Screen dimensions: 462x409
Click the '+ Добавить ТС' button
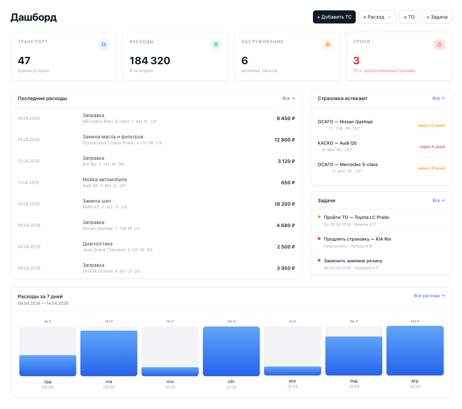[334, 17]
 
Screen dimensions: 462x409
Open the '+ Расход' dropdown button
[377, 17]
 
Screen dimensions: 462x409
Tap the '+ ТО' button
[409, 17]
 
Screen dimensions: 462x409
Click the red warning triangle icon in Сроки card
[439, 45]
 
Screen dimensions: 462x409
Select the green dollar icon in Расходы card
[216, 45]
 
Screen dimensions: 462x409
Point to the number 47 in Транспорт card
[24, 60]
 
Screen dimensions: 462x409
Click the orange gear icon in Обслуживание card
[327, 45]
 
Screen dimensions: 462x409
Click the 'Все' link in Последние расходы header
[288, 98]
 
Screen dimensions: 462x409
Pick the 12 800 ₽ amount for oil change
[284, 140]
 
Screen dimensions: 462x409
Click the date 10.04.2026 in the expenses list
[29, 204]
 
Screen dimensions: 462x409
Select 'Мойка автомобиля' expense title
[105, 179]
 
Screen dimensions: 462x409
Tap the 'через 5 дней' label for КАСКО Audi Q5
[432, 147]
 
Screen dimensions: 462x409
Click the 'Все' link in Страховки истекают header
[438, 98]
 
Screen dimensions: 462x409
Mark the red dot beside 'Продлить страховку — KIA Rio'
[319, 238]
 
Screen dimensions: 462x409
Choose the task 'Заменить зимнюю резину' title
[353, 261]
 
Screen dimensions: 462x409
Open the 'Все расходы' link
[429, 296]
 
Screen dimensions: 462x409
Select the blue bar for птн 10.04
[170, 371]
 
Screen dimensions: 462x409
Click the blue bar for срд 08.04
[48, 366]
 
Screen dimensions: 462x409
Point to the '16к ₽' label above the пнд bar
[353, 321]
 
